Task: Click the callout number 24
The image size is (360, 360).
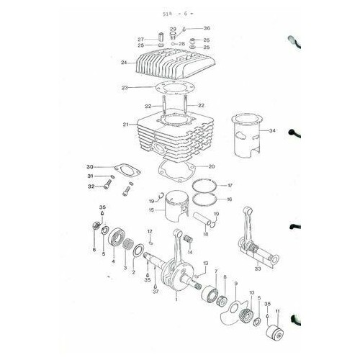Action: (x=125, y=63)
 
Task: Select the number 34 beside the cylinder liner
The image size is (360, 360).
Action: (x=271, y=131)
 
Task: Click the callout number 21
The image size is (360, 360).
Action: (x=125, y=125)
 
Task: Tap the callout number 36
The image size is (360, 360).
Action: (x=207, y=28)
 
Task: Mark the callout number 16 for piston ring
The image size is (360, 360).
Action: (x=229, y=199)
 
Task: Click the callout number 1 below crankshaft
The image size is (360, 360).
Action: (x=176, y=297)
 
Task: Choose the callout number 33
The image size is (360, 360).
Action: (x=256, y=268)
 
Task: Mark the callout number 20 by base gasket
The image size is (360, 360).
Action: (x=212, y=167)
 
